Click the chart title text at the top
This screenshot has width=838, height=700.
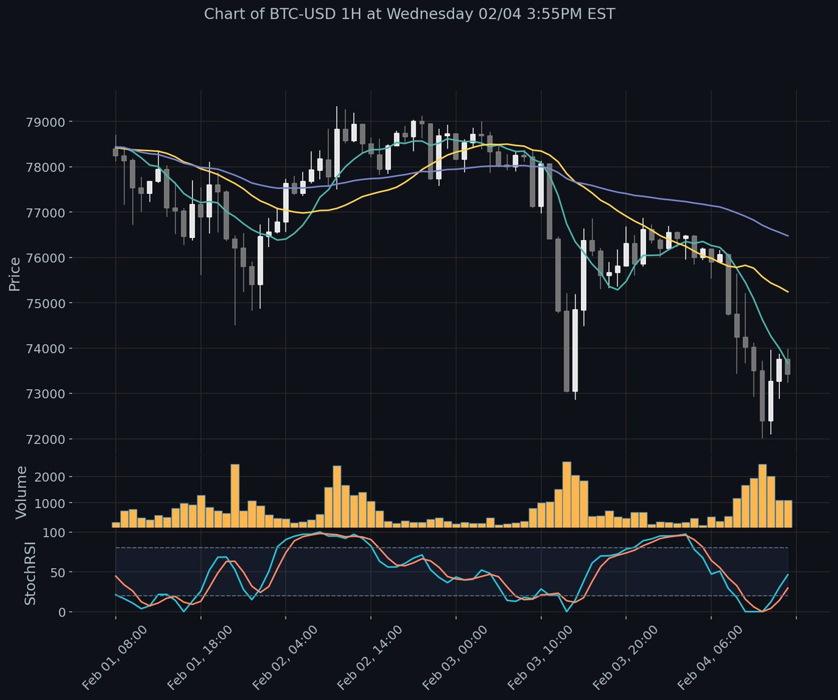[409, 14]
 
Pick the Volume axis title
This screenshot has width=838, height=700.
[22, 493]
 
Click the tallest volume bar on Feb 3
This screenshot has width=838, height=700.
[567, 494]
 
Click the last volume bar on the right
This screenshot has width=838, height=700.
[788, 514]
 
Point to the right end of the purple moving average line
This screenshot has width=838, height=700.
[788, 236]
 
